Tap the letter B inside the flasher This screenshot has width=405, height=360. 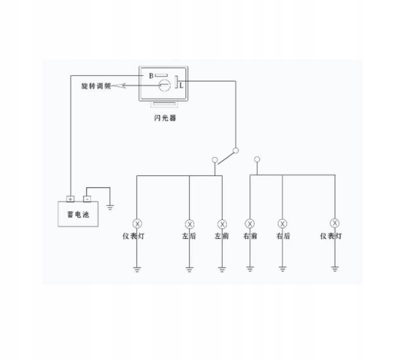tap(152, 76)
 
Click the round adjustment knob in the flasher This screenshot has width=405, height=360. tap(164, 85)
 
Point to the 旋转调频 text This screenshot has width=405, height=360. tap(96, 85)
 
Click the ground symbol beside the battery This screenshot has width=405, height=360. tap(109, 207)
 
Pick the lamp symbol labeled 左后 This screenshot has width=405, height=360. tap(189, 224)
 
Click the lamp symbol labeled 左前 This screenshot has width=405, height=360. tap(222, 224)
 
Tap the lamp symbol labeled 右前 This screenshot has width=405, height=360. tap(250, 224)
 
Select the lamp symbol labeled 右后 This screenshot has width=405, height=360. tap(283, 224)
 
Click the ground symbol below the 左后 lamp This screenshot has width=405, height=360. tap(189, 270)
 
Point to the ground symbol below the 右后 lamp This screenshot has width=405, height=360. tap(283, 270)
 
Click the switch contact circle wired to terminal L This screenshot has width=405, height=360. tap(235, 151)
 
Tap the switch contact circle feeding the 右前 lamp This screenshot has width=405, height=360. tap(257, 159)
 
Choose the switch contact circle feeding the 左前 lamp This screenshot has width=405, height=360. tap(215, 159)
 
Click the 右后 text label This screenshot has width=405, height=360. tap(283, 236)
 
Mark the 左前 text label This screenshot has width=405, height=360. tap(222, 236)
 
